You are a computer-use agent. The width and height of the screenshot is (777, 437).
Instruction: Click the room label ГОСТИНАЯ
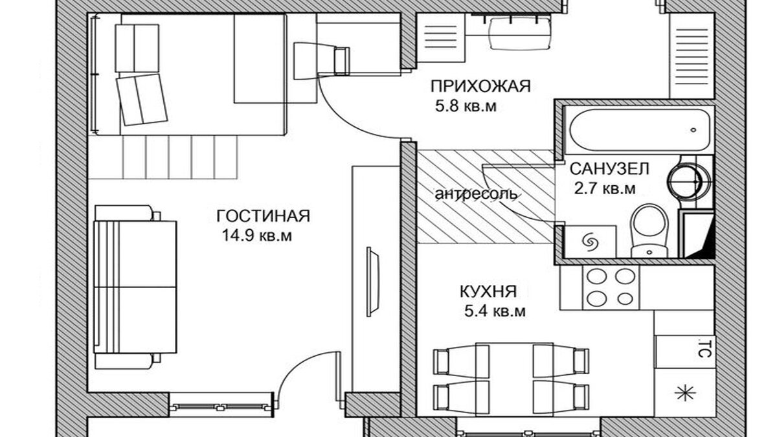pyautogui.click(x=263, y=216)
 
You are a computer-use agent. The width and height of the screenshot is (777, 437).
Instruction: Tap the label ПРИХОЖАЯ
pyautogui.click(x=480, y=86)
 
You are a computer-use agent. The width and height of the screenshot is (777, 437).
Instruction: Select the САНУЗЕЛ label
pyautogui.click(x=609, y=169)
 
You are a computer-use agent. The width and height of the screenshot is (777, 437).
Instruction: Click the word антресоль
pyautogui.click(x=476, y=194)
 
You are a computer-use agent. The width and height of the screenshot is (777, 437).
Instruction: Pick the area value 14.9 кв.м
pyautogui.click(x=256, y=236)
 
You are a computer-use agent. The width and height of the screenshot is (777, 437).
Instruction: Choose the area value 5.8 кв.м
pyautogui.click(x=466, y=107)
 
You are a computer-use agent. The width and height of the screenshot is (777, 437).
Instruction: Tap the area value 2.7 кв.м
pyautogui.click(x=604, y=189)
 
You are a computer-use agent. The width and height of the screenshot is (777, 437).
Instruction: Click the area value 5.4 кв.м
pyautogui.click(x=494, y=311)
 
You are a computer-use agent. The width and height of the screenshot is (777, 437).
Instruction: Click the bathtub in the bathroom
pyautogui.click(x=638, y=129)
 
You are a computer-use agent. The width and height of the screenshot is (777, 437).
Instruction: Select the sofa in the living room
pyautogui.click(x=135, y=286)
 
